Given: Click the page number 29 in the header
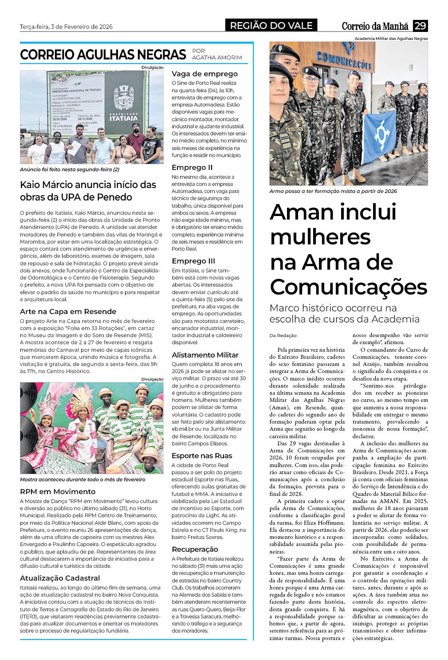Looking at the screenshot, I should (x=420, y=26).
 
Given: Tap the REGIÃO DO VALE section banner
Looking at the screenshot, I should (x=271, y=26).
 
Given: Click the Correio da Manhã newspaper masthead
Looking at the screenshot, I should (x=376, y=26).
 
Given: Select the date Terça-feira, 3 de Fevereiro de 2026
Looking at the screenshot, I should (x=66, y=27).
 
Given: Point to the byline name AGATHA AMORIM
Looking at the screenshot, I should (x=217, y=58).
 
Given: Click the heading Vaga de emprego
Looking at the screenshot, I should (x=204, y=74).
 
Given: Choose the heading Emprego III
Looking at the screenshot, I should (x=193, y=261).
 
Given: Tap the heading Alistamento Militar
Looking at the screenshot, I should (x=205, y=355).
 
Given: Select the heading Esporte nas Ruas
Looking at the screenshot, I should (x=201, y=456).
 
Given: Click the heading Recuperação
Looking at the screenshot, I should (x=195, y=549).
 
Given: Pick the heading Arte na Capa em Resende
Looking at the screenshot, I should (x=68, y=311).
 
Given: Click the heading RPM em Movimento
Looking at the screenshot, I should (x=58, y=491).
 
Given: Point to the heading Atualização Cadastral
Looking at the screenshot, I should (x=60, y=578).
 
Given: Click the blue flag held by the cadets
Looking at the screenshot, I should (x=380, y=135).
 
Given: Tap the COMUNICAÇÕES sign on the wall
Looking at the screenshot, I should (x=344, y=60).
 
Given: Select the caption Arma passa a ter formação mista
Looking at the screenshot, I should (x=333, y=191).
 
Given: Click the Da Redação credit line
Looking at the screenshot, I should (x=283, y=335).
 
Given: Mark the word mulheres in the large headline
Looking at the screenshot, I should (x=320, y=237).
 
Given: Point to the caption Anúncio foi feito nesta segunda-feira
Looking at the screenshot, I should (x=70, y=169).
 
